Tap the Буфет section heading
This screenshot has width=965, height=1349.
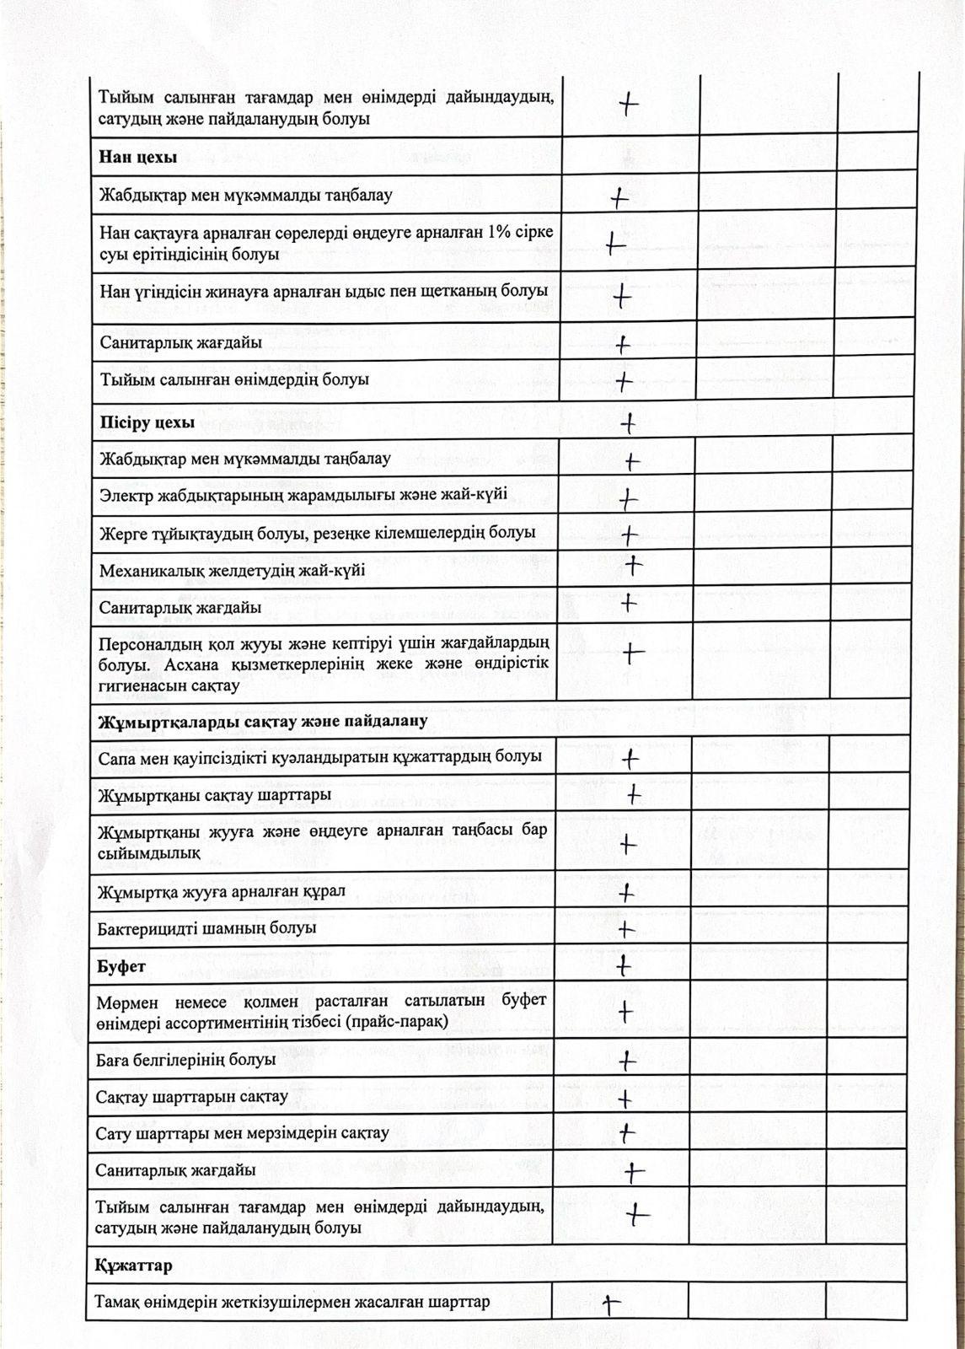pyautogui.click(x=121, y=966)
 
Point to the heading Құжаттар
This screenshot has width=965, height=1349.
pyautogui.click(x=134, y=1266)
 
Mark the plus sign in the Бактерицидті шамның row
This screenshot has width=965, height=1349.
pyautogui.click(x=625, y=929)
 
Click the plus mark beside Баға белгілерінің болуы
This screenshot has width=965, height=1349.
pyautogui.click(x=626, y=1061)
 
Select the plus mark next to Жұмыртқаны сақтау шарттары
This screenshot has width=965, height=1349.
pyautogui.click(x=633, y=795)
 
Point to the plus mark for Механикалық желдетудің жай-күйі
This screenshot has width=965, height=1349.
pyautogui.click(x=633, y=565)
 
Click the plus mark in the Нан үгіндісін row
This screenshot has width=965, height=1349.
pyautogui.click(x=622, y=297)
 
